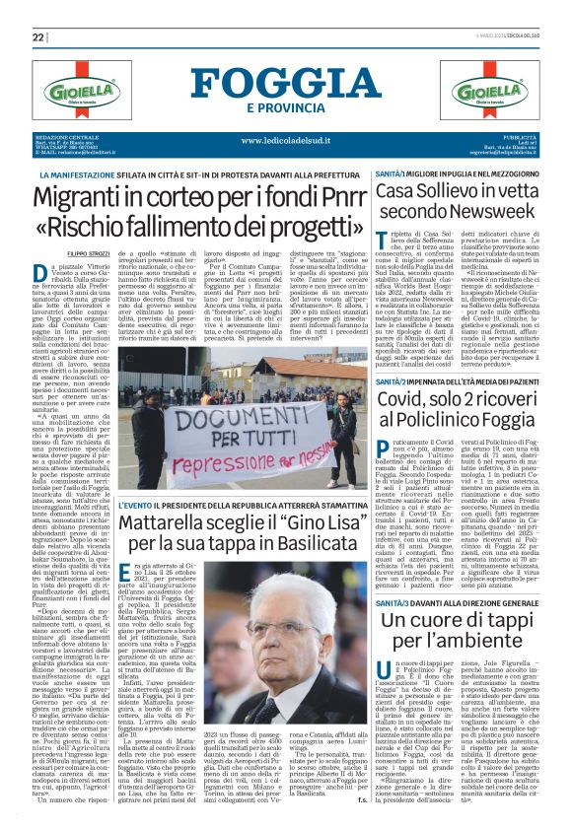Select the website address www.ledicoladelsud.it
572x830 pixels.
[286, 140]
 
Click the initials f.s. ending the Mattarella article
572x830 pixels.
[364, 800]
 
